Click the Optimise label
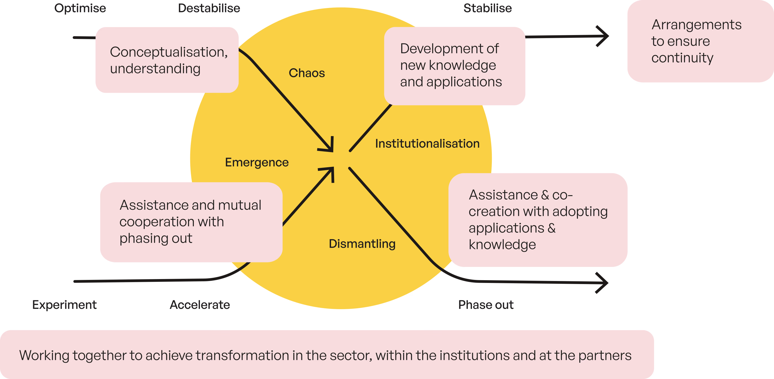coord(80,8)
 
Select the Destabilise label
coord(209,8)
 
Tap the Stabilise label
coord(488,8)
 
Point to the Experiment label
coord(64,305)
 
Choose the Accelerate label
coord(200,305)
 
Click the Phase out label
coord(486,305)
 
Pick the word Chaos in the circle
coord(307,73)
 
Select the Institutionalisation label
coord(427,144)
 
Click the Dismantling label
coord(362,244)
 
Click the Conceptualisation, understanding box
coord(167,60)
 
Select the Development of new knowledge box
coord(455,66)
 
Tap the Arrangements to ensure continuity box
coord(700,41)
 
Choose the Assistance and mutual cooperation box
coord(191,222)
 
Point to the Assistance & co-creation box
coord(538,220)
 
